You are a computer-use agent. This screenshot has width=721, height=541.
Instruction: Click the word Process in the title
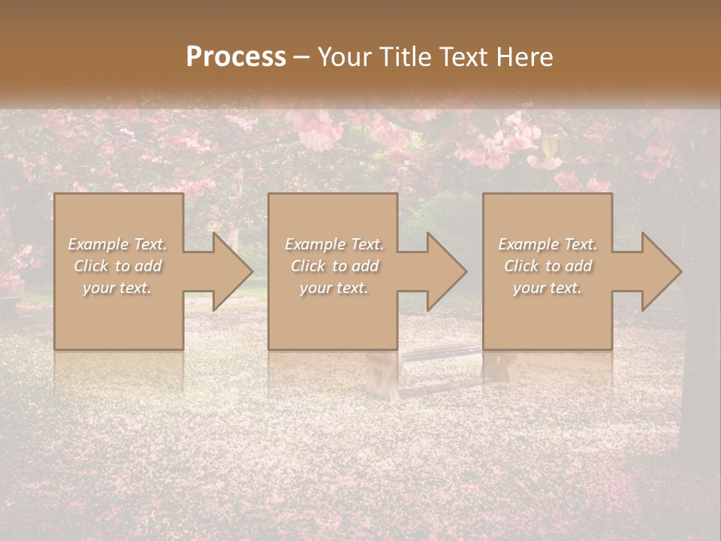point(236,57)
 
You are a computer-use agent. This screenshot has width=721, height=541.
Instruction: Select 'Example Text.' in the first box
point(117,244)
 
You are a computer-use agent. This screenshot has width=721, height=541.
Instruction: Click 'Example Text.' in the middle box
point(333,244)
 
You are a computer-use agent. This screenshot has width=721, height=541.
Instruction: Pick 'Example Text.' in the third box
point(548,244)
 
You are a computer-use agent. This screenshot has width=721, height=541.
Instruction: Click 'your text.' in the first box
point(117,288)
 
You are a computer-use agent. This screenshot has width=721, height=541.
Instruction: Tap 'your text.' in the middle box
point(333,288)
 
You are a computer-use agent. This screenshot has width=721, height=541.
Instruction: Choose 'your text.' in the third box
point(548,288)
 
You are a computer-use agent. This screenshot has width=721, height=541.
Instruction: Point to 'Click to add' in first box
point(117,266)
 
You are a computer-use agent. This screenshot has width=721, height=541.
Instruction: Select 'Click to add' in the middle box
point(333,266)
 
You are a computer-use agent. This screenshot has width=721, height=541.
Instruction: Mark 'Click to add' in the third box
point(548,266)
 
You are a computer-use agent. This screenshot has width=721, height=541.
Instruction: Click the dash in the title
point(301,57)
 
